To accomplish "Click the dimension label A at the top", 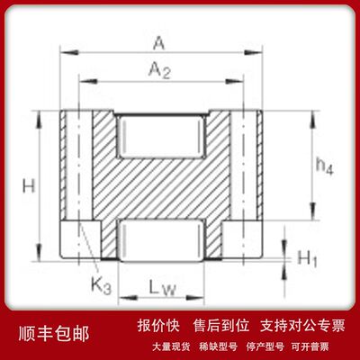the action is [x=159, y=44].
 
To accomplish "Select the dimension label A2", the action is [x=159, y=70].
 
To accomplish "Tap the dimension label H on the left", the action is [x=29, y=186].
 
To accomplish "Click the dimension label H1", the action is [x=307, y=258].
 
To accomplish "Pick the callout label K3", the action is [x=101, y=285].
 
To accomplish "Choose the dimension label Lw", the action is [x=162, y=289].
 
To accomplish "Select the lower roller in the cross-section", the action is [x=161, y=240].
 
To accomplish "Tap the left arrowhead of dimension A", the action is [x=70, y=53].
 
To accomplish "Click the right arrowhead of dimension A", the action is [x=253, y=53].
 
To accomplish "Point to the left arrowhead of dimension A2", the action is [x=88, y=81].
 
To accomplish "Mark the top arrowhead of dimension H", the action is [x=39, y=120].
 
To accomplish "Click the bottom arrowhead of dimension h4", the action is [x=313, y=211].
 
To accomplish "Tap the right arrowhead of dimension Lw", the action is [x=195, y=298].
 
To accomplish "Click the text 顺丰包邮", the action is [x=54, y=334].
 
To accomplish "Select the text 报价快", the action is [x=158, y=326].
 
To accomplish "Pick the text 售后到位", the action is [x=221, y=326].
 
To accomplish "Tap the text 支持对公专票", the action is [x=302, y=326].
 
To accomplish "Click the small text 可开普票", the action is [x=310, y=347].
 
